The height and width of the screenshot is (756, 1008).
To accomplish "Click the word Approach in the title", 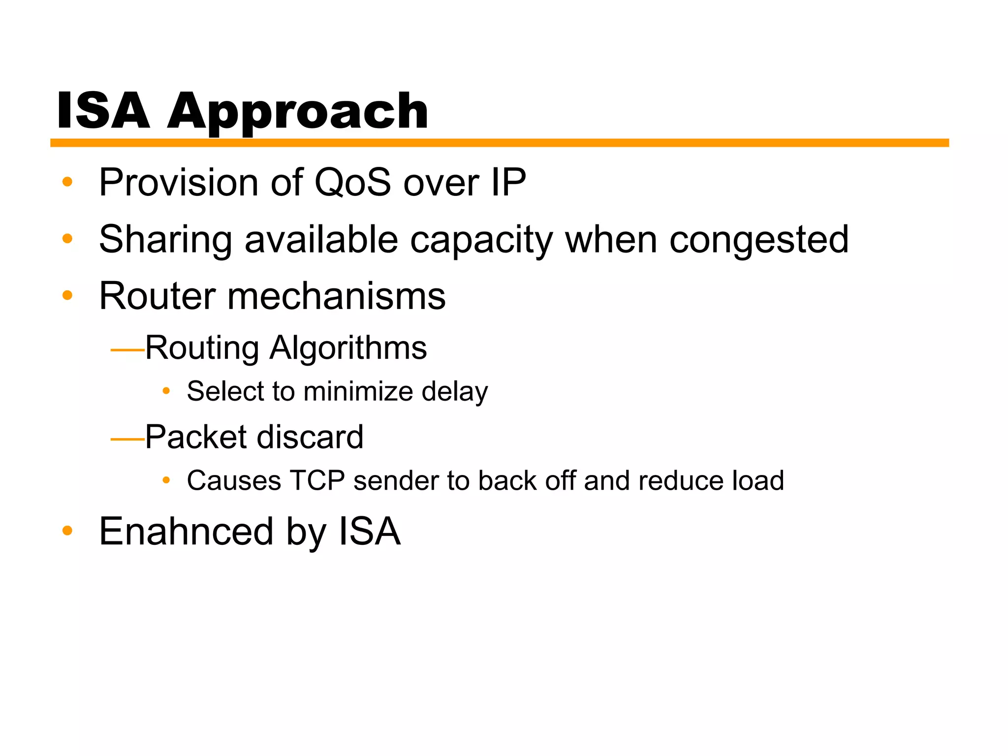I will click(297, 112).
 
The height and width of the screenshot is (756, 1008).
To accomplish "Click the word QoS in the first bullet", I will click(352, 182).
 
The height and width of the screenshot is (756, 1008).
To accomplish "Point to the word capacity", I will click(481, 240).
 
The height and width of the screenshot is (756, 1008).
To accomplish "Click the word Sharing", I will click(165, 240).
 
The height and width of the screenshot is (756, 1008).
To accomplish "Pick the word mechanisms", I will click(336, 296).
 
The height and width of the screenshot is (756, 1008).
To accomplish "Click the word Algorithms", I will click(348, 348).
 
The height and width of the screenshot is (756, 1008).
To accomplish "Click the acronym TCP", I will click(317, 481).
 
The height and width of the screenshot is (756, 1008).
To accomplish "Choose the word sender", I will click(395, 481).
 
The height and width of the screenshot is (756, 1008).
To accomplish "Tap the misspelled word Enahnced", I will click(186, 532).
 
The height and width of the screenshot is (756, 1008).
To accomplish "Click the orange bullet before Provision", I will click(67, 182).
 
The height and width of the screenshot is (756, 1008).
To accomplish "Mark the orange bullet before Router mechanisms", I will click(67, 296).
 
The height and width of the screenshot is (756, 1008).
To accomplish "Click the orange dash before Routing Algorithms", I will click(127, 350).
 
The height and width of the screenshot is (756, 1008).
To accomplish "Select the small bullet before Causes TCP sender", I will click(166, 480).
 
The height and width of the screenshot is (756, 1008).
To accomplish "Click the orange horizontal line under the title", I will click(499, 143).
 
